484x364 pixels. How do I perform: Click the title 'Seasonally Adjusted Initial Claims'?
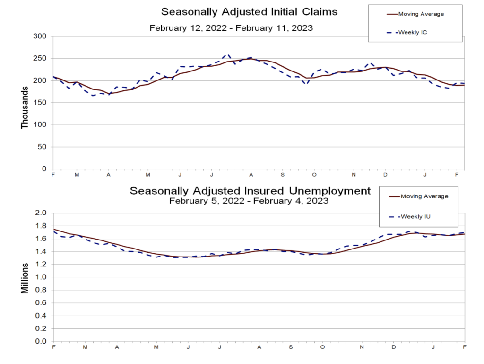point(250,11)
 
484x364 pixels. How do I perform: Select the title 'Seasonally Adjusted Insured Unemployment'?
point(250,191)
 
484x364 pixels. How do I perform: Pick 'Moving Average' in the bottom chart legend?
point(423,196)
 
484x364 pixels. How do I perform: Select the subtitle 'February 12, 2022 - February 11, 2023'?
point(231,27)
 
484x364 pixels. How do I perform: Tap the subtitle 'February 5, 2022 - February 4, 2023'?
point(250,201)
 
